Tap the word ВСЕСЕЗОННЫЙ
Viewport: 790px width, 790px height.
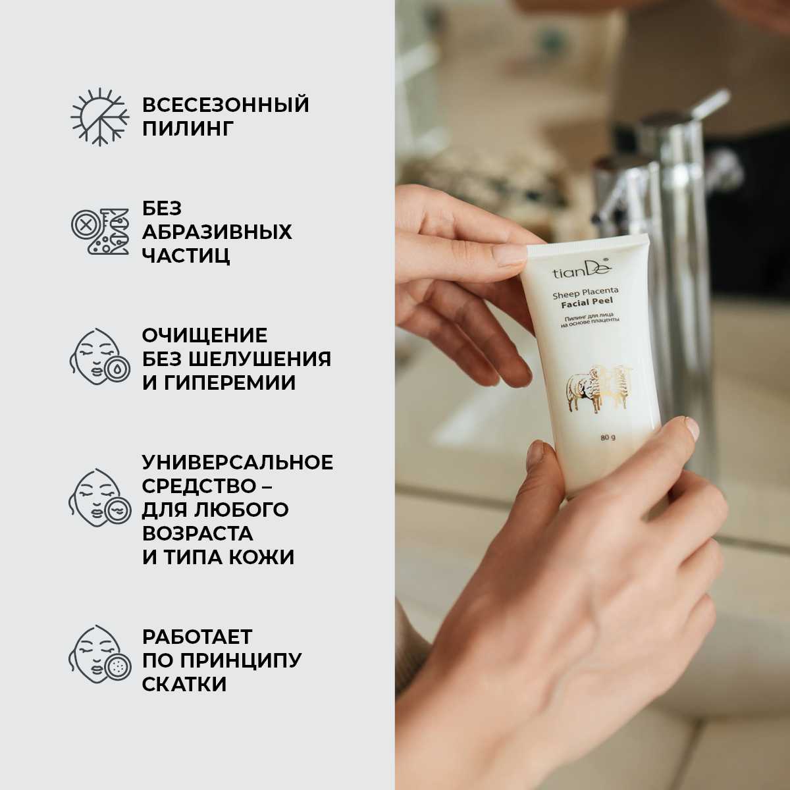coord(225,105)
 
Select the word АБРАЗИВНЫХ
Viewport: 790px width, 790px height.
coord(217,232)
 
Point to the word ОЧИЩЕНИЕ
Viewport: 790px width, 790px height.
coord(205,335)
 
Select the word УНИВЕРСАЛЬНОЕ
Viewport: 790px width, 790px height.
coord(237,462)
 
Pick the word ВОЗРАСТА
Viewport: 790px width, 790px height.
coord(197,533)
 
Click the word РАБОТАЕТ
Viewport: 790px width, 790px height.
coord(197,637)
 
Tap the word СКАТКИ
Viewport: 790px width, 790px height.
coord(184,684)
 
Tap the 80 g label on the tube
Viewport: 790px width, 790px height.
coord(607,439)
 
